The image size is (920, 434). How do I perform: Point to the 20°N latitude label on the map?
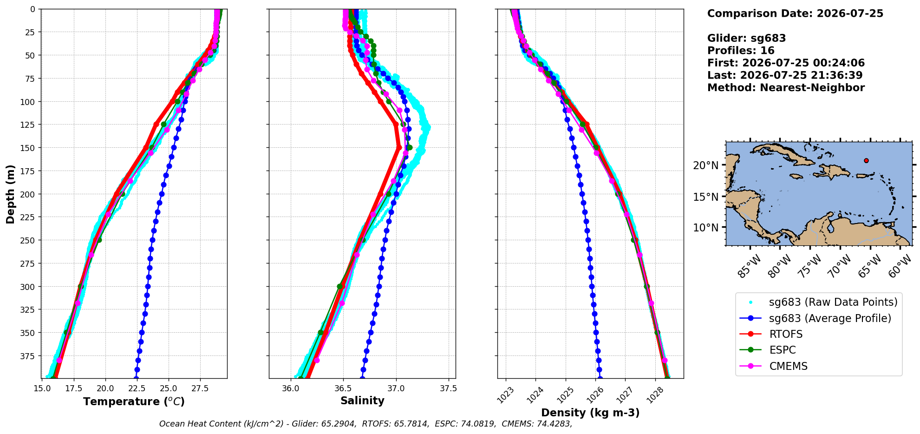(705, 165)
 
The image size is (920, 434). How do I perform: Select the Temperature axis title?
(134, 401)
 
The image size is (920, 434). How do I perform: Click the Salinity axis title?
(362, 401)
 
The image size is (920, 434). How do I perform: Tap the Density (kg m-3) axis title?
(590, 413)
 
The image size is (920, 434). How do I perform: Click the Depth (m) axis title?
(10, 194)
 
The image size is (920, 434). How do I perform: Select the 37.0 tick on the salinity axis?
(396, 388)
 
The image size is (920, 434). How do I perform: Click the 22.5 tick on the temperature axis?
(137, 388)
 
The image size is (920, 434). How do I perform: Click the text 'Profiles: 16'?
(741, 51)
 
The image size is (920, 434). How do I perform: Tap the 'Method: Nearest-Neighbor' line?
(786, 88)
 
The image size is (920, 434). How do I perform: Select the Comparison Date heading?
(795, 13)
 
